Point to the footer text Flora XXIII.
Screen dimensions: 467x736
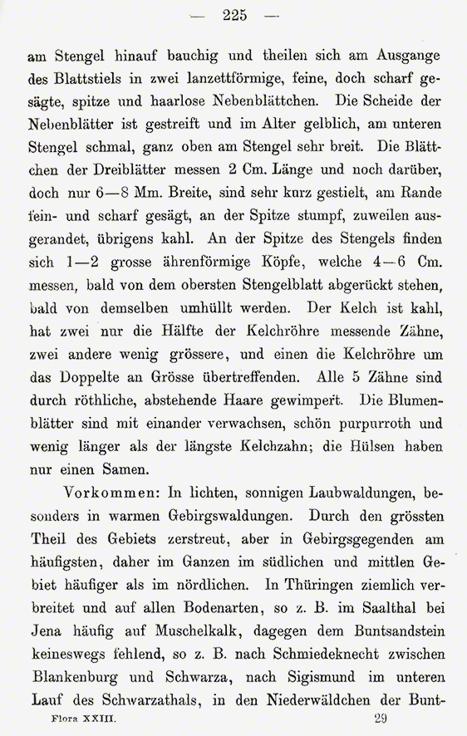pos(74,724)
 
